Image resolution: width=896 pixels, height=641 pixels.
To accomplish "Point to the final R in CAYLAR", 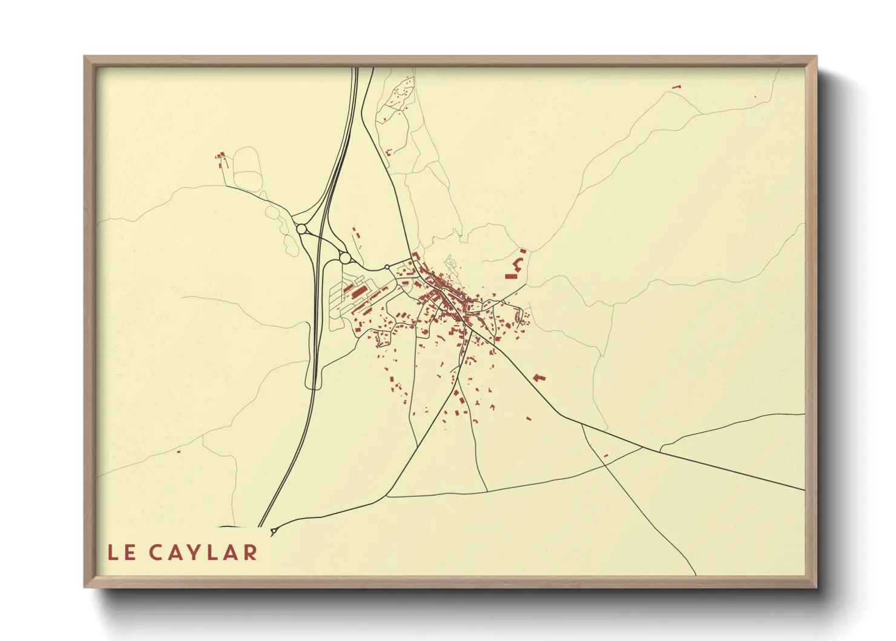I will click(x=250, y=553).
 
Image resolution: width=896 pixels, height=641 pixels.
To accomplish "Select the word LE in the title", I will click(x=122, y=553).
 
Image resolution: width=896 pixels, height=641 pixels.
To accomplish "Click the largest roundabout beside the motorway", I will click(x=345, y=258).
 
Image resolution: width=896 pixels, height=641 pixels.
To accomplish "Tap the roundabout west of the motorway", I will click(x=301, y=229).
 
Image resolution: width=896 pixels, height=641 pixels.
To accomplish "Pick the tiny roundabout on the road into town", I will click(x=387, y=267).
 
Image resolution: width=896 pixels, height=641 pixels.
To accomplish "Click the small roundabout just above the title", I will click(x=274, y=531).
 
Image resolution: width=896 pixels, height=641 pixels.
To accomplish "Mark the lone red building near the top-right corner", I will click(x=677, y=87).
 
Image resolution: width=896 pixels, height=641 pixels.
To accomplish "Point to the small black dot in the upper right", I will click(x=755, y=96).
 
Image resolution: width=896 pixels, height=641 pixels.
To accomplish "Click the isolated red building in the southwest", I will click(x=179, y=451).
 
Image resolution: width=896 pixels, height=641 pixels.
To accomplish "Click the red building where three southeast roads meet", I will click(x=605, y=455).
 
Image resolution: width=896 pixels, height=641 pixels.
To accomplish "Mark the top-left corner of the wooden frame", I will click(x=85, y=58).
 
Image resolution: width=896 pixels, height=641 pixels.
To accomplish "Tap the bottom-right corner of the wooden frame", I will click(x=815, y=586).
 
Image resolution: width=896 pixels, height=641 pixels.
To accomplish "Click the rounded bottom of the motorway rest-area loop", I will click(x=314, y=386).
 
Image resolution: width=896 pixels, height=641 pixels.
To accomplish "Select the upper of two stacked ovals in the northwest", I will click(x=246, y=159).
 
